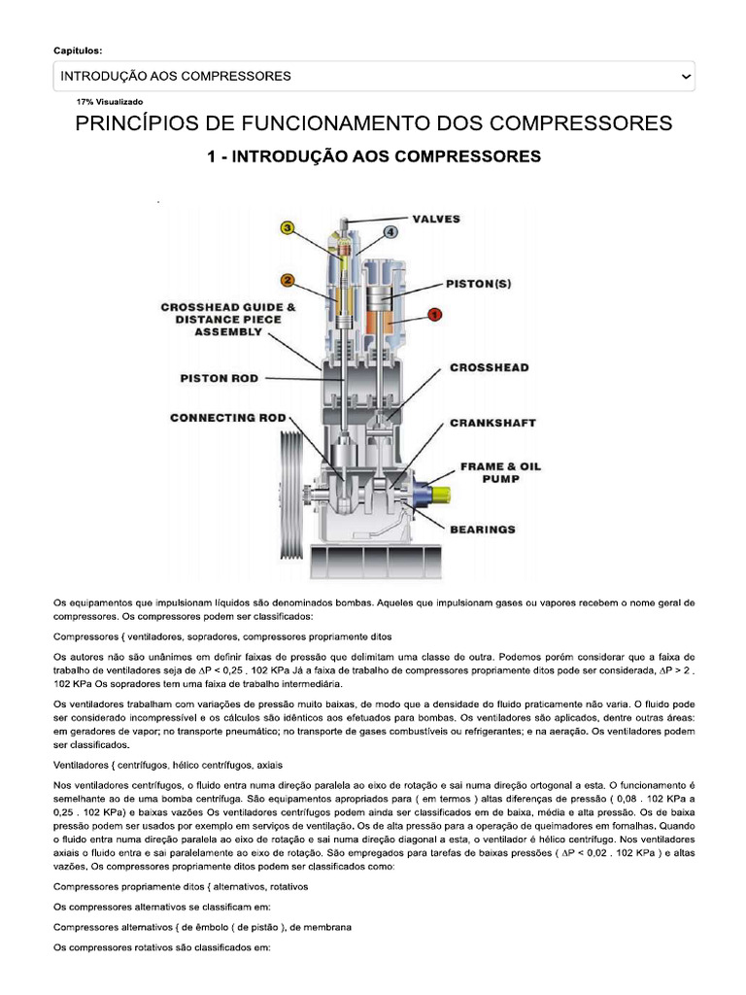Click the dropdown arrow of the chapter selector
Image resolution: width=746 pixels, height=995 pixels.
coord(686,76)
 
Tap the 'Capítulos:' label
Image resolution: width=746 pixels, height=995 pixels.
coord(77,50)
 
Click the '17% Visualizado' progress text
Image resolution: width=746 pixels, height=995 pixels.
coord(110,101)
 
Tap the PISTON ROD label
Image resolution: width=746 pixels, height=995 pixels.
coord(219,378)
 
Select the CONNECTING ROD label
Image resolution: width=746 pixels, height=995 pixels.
coord(227,419)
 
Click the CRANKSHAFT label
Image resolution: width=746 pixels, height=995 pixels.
coord(492,424)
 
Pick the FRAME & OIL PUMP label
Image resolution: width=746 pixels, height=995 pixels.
coord(501,472)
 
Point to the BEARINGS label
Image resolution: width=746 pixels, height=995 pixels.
coord(483,530)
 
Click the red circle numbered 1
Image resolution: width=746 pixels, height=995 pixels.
coord(434,314)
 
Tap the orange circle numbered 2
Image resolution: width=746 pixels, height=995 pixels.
coord(288,282)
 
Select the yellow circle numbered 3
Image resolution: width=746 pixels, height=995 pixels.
coord(288,228)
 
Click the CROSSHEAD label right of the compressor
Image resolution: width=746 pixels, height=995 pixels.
coord(490,368)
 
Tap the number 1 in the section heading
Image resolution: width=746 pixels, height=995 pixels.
coord(212,156)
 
